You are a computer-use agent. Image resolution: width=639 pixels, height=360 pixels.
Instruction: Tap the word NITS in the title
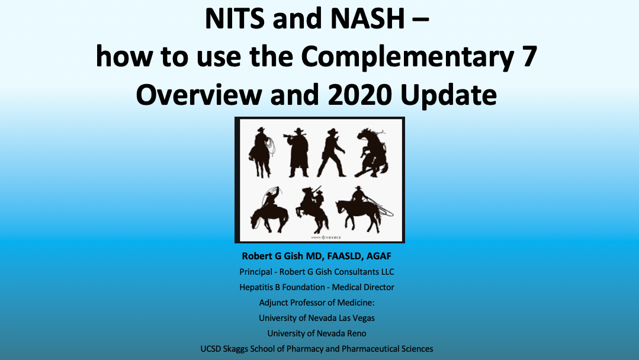click(235, 19)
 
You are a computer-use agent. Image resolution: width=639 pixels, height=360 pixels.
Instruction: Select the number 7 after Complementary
click(530, 56)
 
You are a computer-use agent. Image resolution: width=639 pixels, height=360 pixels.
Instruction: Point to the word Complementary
click(407, 57)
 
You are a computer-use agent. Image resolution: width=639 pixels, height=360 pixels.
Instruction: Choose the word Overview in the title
click(200, 95)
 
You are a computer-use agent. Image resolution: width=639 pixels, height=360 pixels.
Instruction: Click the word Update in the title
click(449, 96)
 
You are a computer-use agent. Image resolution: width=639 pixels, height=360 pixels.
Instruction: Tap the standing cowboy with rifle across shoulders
click(298, 152)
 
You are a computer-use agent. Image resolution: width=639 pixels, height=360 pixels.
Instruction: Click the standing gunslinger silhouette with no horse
click(331, 153)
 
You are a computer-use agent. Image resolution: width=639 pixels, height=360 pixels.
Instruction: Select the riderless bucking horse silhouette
click(372, 153)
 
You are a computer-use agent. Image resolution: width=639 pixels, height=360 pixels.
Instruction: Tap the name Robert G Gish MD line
click(317, 256)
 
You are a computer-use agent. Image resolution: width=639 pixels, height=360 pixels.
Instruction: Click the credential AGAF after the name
click(378, 256)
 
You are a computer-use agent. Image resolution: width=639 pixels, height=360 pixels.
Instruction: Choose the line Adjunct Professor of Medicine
click(317, 303)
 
